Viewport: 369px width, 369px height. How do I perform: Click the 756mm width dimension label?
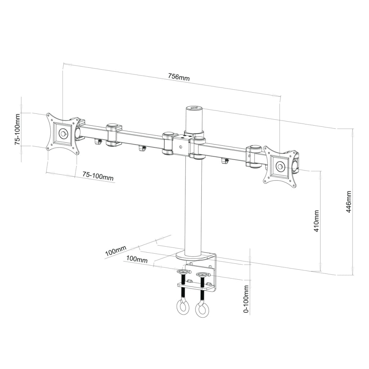[179, 77]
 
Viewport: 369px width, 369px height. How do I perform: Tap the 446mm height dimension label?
[348, 202]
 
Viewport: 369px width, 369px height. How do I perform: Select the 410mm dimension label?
[316, 221]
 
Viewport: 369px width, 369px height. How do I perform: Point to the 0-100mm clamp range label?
[246, 299]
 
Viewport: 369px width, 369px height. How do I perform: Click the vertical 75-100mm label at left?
[18, 129]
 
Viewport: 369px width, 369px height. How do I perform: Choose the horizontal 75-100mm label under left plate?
[98, 175]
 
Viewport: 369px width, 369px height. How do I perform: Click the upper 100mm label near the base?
[115, 250]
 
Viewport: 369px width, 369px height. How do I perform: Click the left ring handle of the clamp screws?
[182, 308]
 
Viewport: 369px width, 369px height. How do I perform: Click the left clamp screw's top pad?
[183, 272]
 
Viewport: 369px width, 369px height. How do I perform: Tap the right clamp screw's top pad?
[203, 274]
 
